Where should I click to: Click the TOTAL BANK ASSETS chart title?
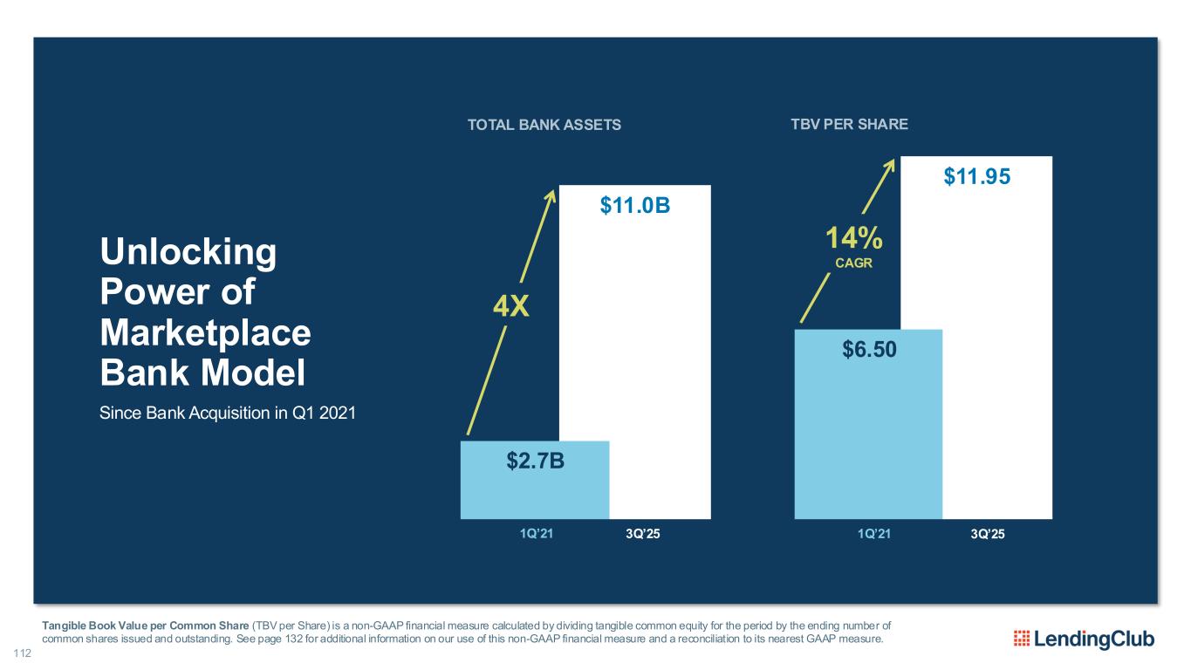[x=544, y=125]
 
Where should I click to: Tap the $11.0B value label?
[x=635, y=206]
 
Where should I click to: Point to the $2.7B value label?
[x=535, y=460]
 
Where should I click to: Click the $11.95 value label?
[x=977, y=177]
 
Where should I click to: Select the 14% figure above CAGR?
[x=855, y=238]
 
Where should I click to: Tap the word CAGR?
[x=855, y=263]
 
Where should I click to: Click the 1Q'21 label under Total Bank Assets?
[x=535, y=533]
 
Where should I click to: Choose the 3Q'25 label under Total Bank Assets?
[x=643, y=533]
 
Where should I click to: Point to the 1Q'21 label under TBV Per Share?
[x=873, y=533]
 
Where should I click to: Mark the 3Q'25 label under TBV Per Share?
[x=988, y=533]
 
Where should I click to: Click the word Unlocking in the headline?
[x=188, y=254]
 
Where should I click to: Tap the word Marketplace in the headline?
[x=205, y=333]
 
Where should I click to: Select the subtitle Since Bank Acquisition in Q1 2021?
[x=228, y=413]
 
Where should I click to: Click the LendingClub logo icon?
[x=1021, y=639]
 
